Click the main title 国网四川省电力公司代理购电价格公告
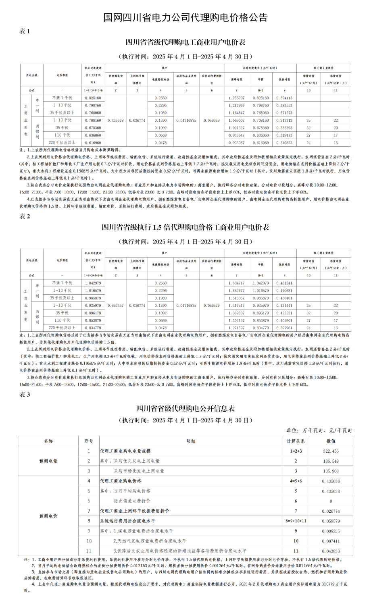coord(185,18)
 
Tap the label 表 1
coord(25,31)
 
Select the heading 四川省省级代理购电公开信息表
coord(185,408)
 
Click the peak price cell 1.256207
coord(236,98)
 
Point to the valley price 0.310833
coord(284,143)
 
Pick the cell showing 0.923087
coord(236,143)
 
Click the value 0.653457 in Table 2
coord(116,306)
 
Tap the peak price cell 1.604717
coord(236,283)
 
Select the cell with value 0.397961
coord(284,328)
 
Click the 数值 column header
coord(331,441)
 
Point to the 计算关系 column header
coord(296,441)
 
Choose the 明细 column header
coord(191,441)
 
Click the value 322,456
coord(331,451)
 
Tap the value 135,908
coord(331,471)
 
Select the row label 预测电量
coord(48,461)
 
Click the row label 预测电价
coord(48,516)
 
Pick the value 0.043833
coord(331,551)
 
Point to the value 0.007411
coord(331,541)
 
